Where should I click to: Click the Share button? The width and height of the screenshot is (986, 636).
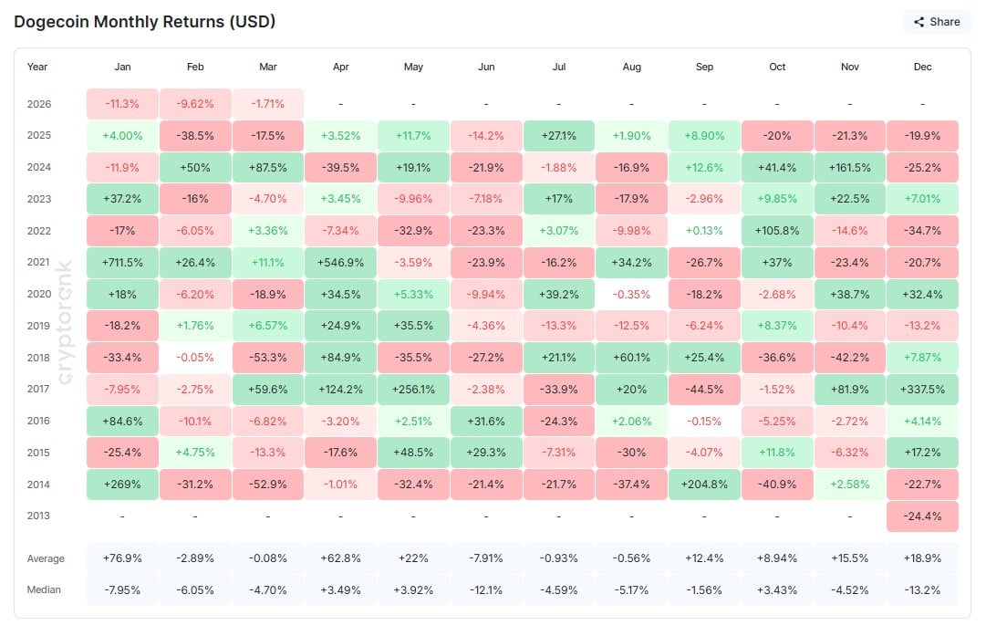pyautogui.click(x=937, y=21)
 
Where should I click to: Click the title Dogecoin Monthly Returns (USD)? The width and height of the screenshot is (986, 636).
pyautogui.click(x=145, y=21)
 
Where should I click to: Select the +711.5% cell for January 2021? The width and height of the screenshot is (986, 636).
pyautogui.click(x=122, y=263)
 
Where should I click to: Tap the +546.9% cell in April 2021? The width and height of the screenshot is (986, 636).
pyautogui.click(x=339, y=263)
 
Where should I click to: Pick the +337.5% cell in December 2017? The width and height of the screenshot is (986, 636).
pyautogui.click(x=922, y=390)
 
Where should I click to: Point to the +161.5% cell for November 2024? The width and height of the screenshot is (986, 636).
pyautogui.click(x=849, y=167)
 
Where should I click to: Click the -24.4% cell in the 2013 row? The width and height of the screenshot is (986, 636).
pyautogui.click(x=922, y=516)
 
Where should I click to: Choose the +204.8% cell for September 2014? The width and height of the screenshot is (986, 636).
pyautogui.click(x=703, y=485)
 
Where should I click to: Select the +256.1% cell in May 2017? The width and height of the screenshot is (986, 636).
pyautogui.click(x=412, y=390)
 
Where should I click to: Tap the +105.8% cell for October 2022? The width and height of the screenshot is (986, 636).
pyautogui.click(x=776, y=231)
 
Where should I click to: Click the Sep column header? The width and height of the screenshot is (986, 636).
pyautogui.click(x=703, y=67)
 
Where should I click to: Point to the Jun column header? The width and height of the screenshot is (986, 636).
pyautogui.click(x=485, y=67)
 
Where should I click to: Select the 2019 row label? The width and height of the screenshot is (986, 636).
pyautogui.click(x=38, y=326)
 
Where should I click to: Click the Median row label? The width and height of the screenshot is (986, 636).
pyautogui.click(x=44, y=589)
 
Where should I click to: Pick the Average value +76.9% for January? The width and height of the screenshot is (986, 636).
pyautogui.click(x=122, y=558)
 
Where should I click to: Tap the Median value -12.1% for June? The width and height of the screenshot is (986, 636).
pyautogui.click(x=485, y=589)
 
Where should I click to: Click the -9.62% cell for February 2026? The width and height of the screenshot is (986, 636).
pyautogui.click(x=195, y=104)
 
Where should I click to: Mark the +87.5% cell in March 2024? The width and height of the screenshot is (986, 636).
pyautogui.click(x=267, y=167)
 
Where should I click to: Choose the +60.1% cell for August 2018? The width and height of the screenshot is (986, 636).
pyautogui.click(x=631, y=358)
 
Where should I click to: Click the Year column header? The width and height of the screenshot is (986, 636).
pyautogui.click(x=37, y=67)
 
